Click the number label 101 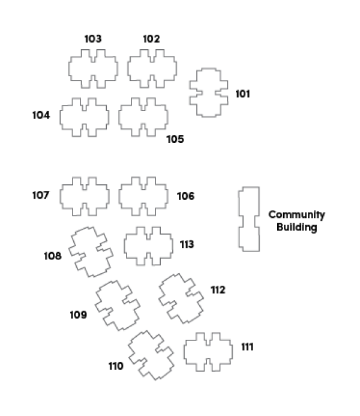pyautogui.click(x=242, y=94)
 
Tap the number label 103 pyautogui.click(x=93, y=39)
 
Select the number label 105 pyautogui.click(x=175, y=139)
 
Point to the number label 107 pyautogui.click(x=41, y=195)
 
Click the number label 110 pyautogui.click(x=116, y=366)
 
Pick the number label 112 pyautogui.click(x=218, y=290)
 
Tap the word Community pyautogui.click(x=296, y=215)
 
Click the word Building pyautogui.click(x=296, y=228)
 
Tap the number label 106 pyautogui.click(x=185, y=196)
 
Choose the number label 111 pyautogui.click(x=247, y=347)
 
